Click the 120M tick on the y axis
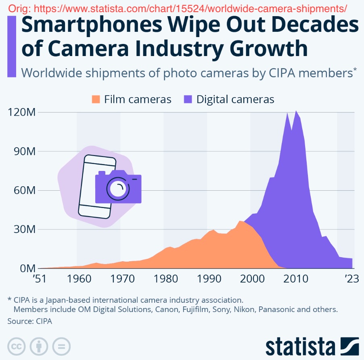[21, 112]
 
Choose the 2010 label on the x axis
[295, 279]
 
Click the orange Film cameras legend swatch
[96, 100]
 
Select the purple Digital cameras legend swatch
[188, 100]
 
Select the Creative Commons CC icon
[16, 345]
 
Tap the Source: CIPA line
[29, 321]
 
